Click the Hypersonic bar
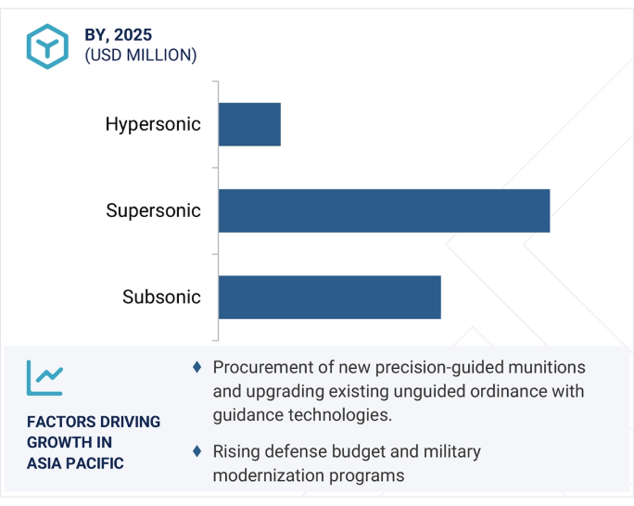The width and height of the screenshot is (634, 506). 249,124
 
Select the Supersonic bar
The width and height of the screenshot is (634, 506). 384,210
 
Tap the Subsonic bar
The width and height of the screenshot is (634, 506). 330,297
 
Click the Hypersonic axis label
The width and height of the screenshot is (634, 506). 153,124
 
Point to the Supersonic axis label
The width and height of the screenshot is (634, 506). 153,210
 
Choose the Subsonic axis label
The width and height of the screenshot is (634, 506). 161,297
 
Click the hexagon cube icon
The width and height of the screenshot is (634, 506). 47,46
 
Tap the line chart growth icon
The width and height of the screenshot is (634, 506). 44,378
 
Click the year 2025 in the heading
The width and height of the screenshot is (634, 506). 133,35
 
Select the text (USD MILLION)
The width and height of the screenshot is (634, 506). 141,55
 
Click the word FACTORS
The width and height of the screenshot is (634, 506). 56,422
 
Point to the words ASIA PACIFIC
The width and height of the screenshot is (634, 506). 75,463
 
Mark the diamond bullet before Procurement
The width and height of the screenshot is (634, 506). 197,367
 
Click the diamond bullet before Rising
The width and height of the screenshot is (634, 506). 197,451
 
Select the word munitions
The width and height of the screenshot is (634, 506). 547,367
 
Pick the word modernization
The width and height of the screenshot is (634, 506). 268,475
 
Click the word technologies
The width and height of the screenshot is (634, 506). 346,415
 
